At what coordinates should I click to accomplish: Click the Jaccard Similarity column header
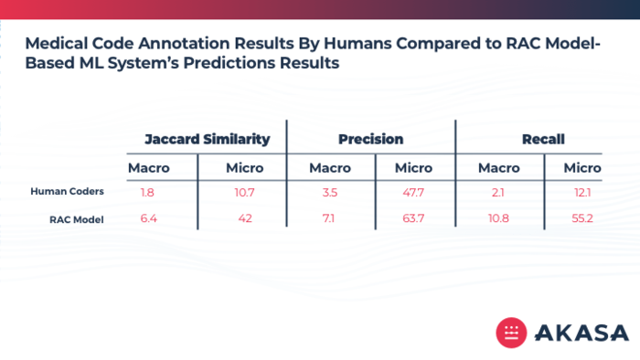(208, 140)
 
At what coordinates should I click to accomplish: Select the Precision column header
(370, 140)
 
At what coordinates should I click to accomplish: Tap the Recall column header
(543, 140)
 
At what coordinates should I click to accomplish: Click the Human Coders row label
(67, 191)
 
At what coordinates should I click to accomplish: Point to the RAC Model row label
(76, 220)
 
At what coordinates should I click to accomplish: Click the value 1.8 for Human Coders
(147, 193)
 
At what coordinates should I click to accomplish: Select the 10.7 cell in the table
(244, 193)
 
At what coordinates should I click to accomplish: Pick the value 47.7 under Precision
(413, 193)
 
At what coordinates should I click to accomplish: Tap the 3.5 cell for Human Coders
(330, 193)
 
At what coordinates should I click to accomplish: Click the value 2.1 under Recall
(497, 193)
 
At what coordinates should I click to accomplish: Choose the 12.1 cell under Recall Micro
(582, 193)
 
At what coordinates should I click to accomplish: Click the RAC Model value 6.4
(148, 218)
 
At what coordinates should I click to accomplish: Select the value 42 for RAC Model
(245, 218)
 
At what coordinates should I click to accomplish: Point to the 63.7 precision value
(413, 218)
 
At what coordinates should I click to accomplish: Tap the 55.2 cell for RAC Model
(582, 218)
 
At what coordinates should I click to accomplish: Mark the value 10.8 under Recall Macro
(498, 218)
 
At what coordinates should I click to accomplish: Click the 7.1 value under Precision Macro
(328, 218)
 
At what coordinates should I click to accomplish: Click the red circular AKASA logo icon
(511, 333)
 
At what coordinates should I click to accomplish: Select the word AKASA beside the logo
(581, 333)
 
